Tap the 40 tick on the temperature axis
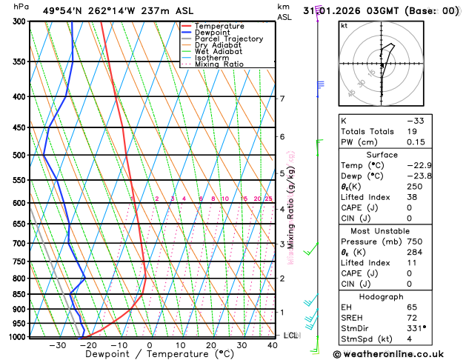click(273, 345)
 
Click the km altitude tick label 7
click(282, 99)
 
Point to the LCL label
click(291, 336)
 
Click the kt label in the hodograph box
click(344, 25)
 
